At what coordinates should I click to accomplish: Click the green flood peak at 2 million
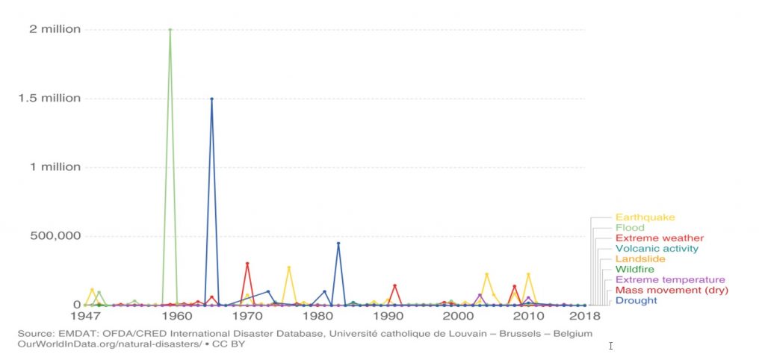(x=170, y=30)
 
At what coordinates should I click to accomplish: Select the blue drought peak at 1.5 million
(x=211, y=99)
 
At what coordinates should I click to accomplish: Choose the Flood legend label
(x=629, y=228)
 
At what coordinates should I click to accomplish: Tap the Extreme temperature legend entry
(x=670, y=280)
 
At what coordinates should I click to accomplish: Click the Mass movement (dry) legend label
(x=672, y=290)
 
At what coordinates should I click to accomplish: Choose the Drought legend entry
(x=636, y=300)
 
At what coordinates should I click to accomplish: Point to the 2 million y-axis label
(x=55, y=30)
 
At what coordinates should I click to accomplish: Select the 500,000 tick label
(x=55, y=236)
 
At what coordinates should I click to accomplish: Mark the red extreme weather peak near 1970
(x=247, y=264)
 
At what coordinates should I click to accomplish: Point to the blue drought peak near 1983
(x=338, y=243)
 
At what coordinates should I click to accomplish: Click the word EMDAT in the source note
(x=75, y=333)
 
